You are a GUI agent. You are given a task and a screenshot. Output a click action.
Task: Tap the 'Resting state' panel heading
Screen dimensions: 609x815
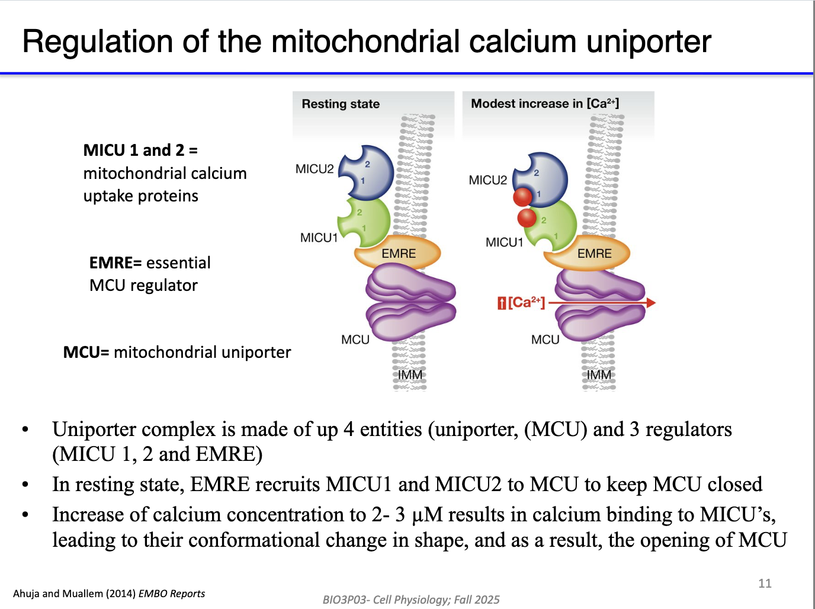coord(341,104)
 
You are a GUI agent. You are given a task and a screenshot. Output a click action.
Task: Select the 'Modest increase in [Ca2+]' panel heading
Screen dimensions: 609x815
coord(545,104)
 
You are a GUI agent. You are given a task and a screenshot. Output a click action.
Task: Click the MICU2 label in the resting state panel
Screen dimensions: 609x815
coord(315,169)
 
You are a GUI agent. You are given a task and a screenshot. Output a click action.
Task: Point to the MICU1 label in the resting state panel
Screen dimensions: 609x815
coord(319,238)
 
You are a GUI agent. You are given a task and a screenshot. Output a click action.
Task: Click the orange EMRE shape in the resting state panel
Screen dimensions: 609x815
coord(398,254)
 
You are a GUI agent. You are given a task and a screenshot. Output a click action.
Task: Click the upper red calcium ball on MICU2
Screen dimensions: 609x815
coord(522,196)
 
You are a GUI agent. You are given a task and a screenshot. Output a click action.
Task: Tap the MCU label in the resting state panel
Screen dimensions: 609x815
coord(355,339)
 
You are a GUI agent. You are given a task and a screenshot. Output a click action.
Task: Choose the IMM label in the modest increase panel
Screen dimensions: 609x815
coord(599,375)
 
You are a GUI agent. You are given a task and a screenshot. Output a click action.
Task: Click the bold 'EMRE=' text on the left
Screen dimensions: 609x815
coord(115,262)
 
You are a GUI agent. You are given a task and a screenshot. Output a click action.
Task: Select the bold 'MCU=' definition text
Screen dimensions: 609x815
coord(86,352)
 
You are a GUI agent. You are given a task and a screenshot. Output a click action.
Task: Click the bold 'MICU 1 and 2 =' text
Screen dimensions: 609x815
coord(140,150)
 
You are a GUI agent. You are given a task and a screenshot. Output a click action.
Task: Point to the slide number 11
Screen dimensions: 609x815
coord(765,584)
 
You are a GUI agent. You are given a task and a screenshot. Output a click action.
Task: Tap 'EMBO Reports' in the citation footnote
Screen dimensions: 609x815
coord(172,594)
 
